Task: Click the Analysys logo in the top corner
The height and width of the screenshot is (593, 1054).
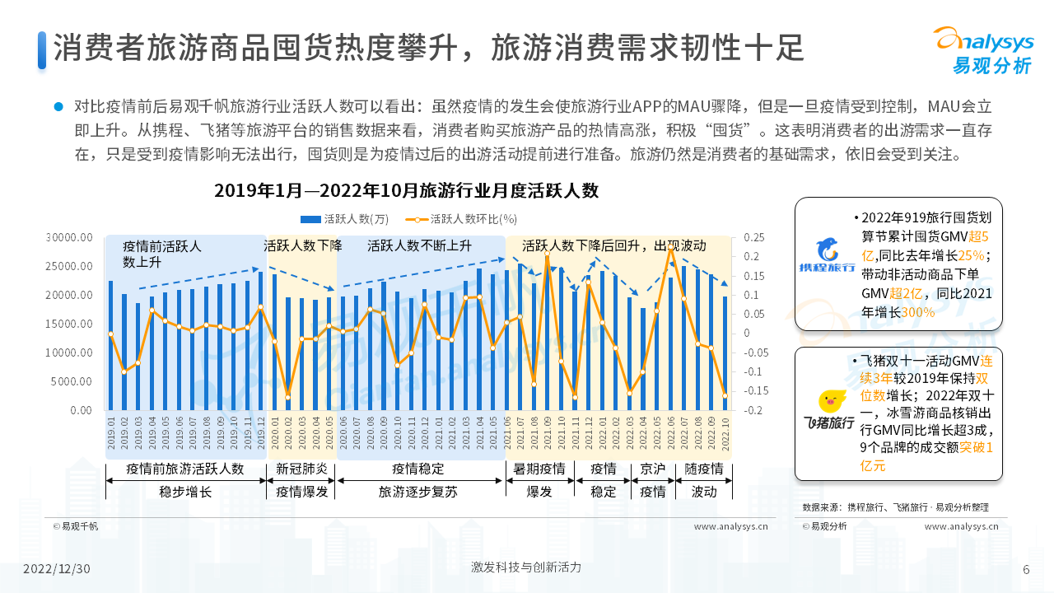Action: [x=982, y=49]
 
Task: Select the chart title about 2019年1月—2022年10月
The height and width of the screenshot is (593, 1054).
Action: [x=406, y=190]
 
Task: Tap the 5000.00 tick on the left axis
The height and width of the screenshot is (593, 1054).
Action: [x=72, y=381]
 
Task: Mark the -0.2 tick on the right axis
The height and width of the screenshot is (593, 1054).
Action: [x=752, y=410]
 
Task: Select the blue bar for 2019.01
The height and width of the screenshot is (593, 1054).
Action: [x=110, y=345]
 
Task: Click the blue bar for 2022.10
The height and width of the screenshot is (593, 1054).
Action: [x=725, y=353]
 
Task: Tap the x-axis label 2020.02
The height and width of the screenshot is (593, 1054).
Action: [x=288, y=432]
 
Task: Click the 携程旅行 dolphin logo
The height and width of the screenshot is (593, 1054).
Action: [x=827, y=256]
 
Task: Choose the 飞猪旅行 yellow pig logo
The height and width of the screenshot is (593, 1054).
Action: [x=828, y=409]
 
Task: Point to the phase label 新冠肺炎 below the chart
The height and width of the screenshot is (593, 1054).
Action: [x=301, y=469]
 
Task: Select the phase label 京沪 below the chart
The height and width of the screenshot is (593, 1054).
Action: [x=652, y=469]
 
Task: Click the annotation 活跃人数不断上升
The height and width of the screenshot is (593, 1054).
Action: [x=420, y=245]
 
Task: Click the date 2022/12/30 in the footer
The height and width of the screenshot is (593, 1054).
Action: [x=57, y=569]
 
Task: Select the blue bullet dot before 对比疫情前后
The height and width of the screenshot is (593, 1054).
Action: [x=58, y=106]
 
